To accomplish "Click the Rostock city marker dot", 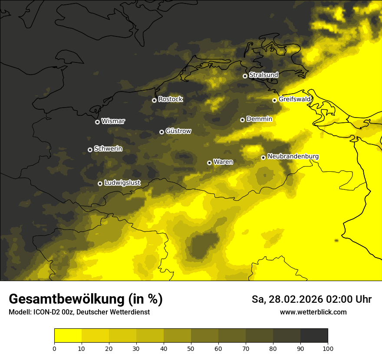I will point(154,100).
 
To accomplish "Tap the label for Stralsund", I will point(263,75).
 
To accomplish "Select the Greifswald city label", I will point(295,99).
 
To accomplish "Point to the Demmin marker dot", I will point(242,120).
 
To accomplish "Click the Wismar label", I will point(113,121).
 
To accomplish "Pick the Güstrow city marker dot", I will point(161,132).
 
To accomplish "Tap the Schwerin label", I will point(108,149).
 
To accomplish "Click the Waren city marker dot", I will point(209,163).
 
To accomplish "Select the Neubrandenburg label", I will point(293,157).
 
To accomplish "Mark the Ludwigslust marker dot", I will point(100,183).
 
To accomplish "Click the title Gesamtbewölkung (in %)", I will point(86,299).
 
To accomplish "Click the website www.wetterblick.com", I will point(313,312).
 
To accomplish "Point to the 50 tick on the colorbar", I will point(191,348).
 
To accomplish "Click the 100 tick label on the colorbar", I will point(328,348).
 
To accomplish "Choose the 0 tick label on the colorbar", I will point(54,348).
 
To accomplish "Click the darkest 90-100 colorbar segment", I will point(314,335).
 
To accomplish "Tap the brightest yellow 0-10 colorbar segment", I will point(68,335).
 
